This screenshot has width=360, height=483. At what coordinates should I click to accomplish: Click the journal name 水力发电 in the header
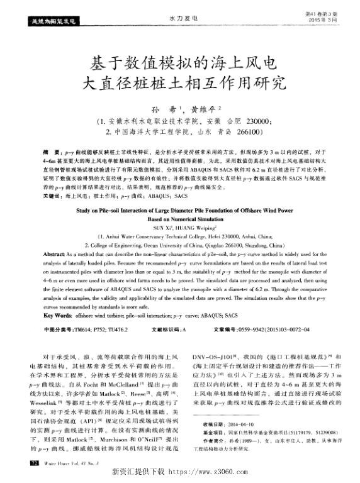pyautogui.click(x=181, y=19)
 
